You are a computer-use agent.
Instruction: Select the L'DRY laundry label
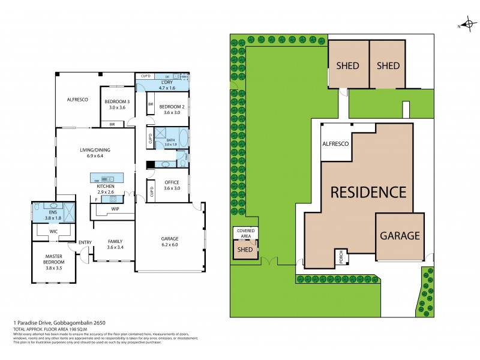[x=167, y=82]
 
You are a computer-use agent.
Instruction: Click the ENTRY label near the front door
[x=85, y=242]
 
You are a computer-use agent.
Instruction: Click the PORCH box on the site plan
[x=338, y=256]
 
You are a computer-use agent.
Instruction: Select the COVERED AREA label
[x=245, y=233]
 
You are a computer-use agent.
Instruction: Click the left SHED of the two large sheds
[x=348, y=65]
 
